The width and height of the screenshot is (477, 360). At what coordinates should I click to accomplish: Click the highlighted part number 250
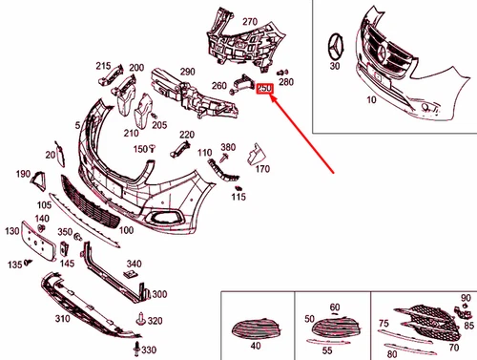pos(264,89)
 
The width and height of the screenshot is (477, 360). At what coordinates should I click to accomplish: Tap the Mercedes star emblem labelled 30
pos(335,46)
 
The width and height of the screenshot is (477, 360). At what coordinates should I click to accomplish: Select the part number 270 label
pos(250,21)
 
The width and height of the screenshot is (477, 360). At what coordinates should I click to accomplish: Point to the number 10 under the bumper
pos(370,99)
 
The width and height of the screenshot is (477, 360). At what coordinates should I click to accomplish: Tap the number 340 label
pos(134,264)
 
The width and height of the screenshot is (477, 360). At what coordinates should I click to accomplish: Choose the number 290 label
pos(186,72)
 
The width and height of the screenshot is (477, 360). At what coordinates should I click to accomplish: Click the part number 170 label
pos(262,170)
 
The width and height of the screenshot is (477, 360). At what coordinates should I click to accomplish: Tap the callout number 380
pos(227,147)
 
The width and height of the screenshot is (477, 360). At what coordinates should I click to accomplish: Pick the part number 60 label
pos(334,307)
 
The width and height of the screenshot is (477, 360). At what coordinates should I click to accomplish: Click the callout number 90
pos(466,299)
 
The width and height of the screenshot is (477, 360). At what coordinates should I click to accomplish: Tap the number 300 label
pos(158,294)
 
